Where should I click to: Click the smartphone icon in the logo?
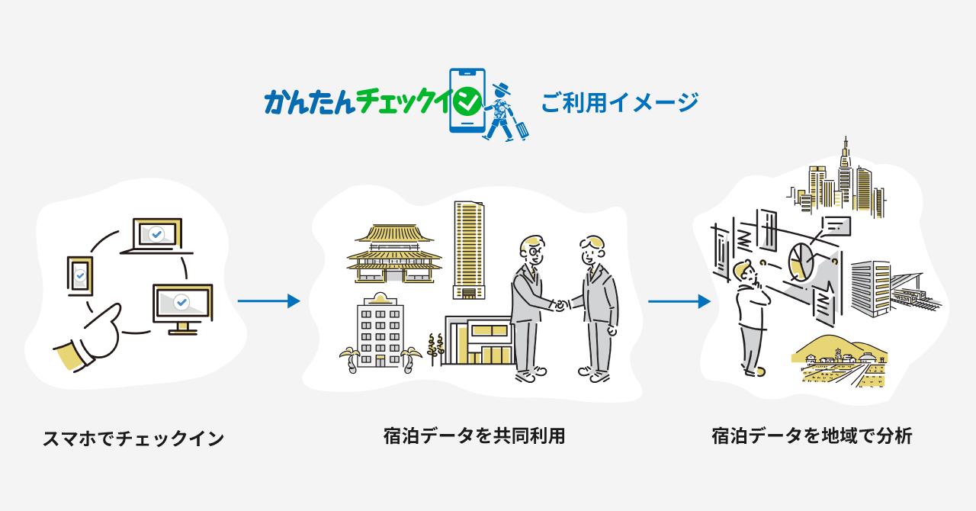click(x=467, y=101)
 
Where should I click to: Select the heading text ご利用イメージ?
click(x=619, y=102)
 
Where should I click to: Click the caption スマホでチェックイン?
click(x=133, y=439)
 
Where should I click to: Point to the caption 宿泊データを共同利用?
click(x=474, y=436)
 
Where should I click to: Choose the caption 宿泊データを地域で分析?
click(x=811, y=436)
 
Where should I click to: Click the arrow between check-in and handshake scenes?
click(x=268, y=301)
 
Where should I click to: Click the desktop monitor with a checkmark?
click(x=181, y=304)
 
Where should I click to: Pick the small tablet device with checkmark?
click(x=79, y=275)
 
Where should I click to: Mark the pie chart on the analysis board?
click(x=799, y=260)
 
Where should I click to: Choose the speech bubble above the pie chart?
click(x=835, y=225)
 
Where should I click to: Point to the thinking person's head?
click(x=743, y=272)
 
